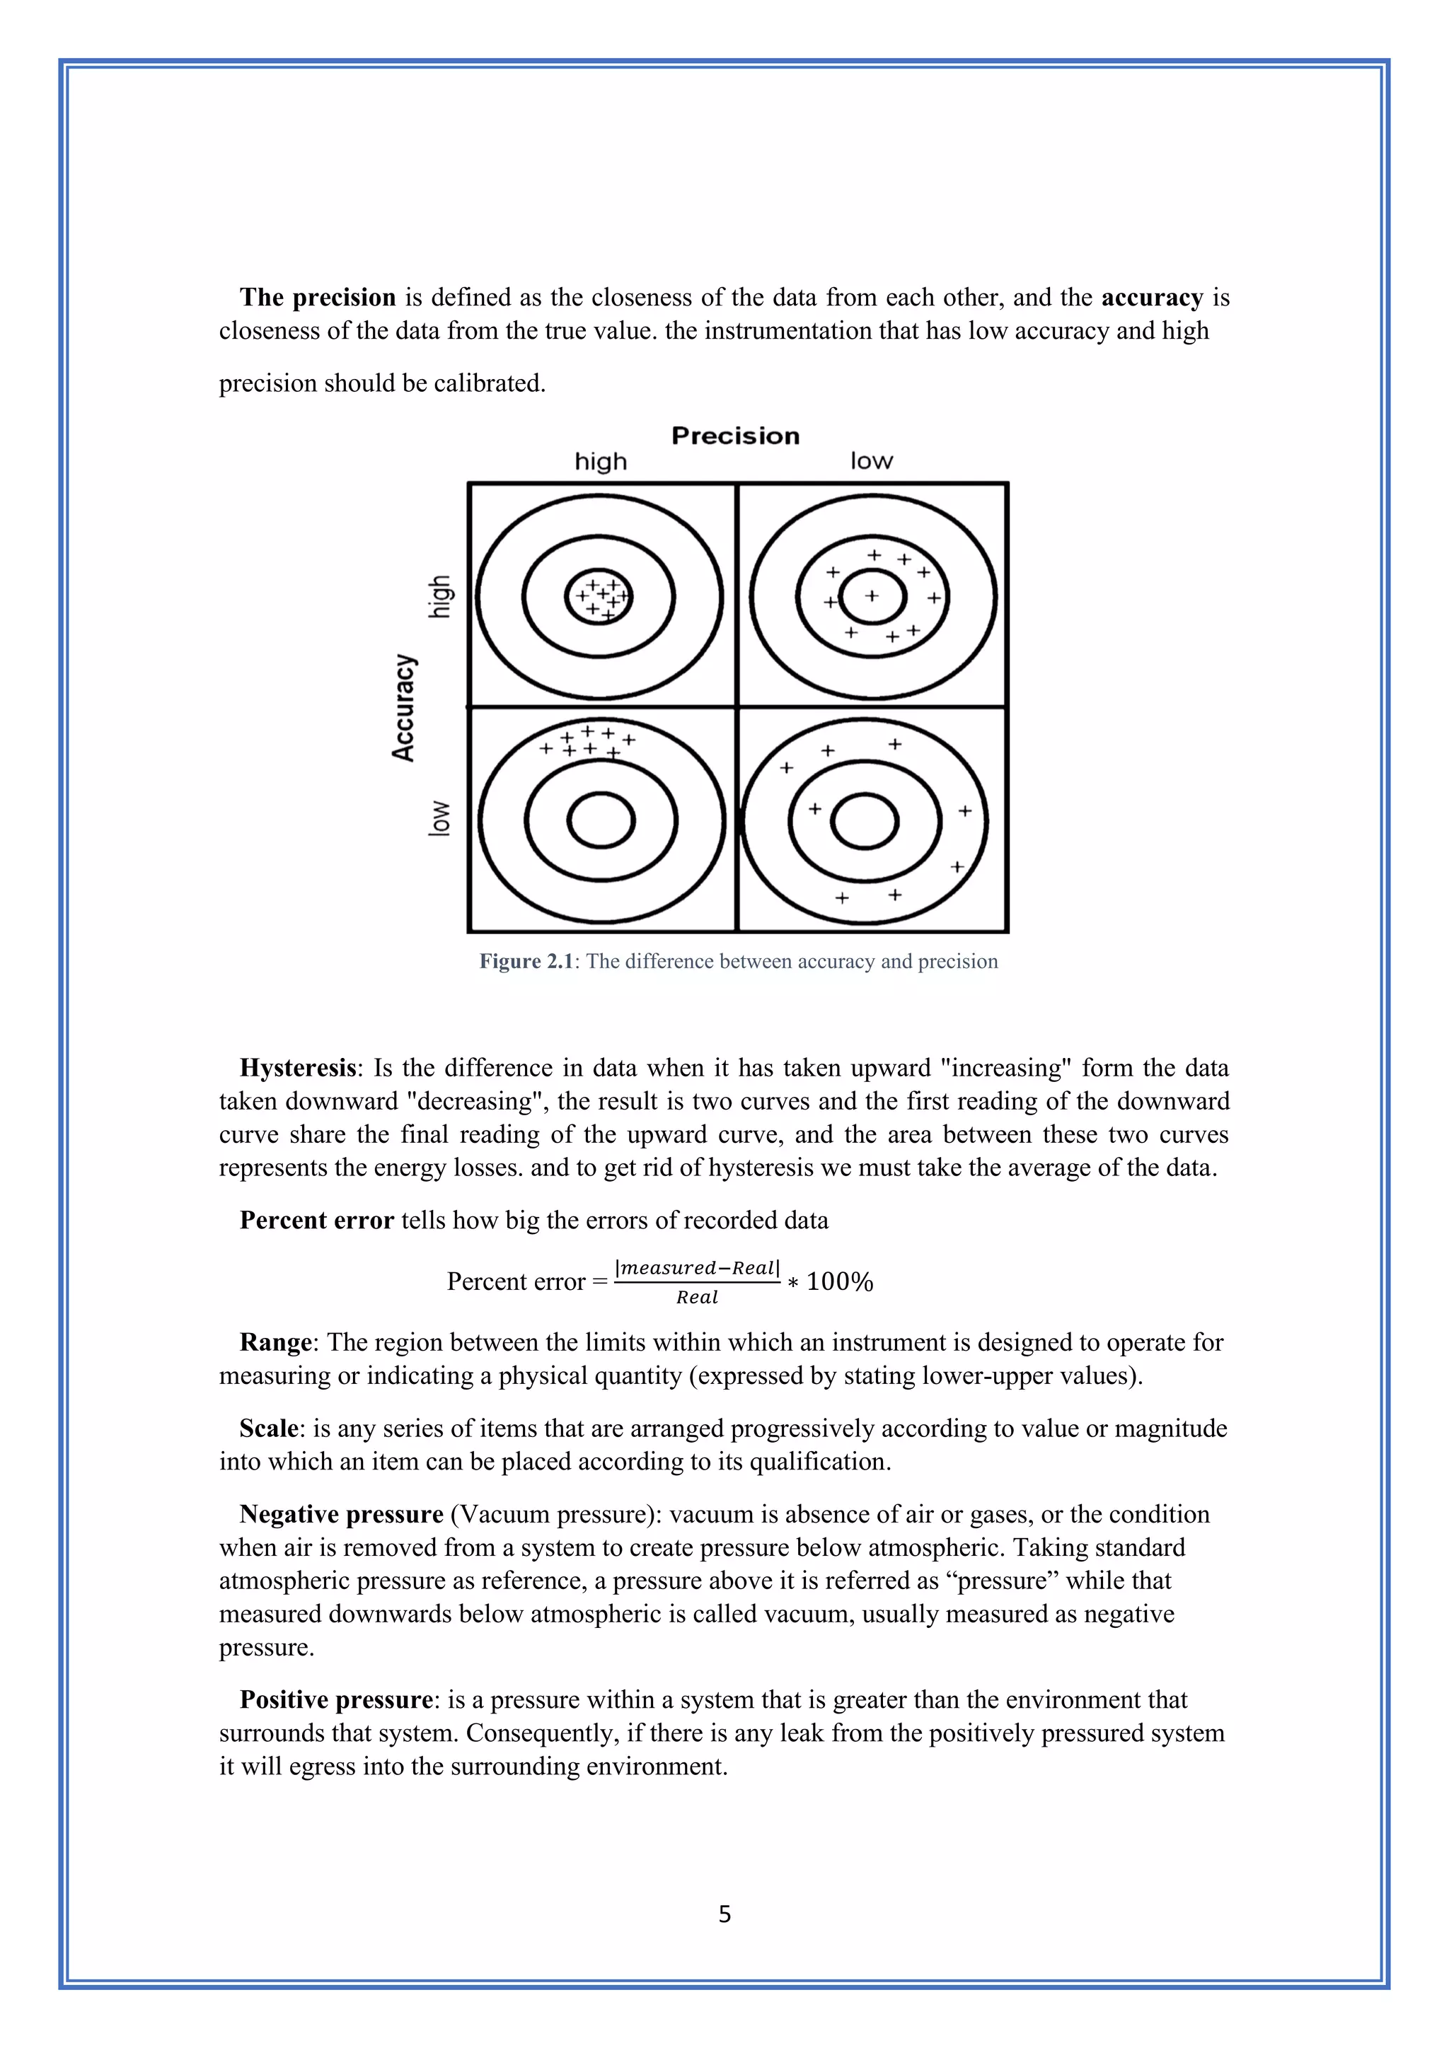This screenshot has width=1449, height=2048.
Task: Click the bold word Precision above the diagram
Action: click(x=735, y=436)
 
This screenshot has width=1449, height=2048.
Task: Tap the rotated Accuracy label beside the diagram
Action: click(x=404, y=707)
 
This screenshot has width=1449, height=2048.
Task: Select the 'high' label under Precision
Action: click(x=601, y=462)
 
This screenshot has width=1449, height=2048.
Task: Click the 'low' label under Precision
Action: click(x=871, y=461)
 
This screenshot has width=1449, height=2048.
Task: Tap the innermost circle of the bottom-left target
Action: click(x=601, y=820)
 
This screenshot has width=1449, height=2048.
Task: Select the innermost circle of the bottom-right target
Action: click(x=864, y=820)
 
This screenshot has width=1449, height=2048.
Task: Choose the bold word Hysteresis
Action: click(x=298, y=1068)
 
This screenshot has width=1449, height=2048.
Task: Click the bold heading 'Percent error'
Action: click(x=317, y=1220)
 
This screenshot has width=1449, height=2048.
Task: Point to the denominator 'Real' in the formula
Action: click(x=697, y=1298)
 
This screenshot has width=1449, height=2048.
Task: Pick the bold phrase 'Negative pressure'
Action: click(x=341, y=1515)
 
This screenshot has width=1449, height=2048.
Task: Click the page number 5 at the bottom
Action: click(x=724, y=1914)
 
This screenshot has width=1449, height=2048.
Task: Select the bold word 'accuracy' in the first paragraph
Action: click(x=1152, y=297)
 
